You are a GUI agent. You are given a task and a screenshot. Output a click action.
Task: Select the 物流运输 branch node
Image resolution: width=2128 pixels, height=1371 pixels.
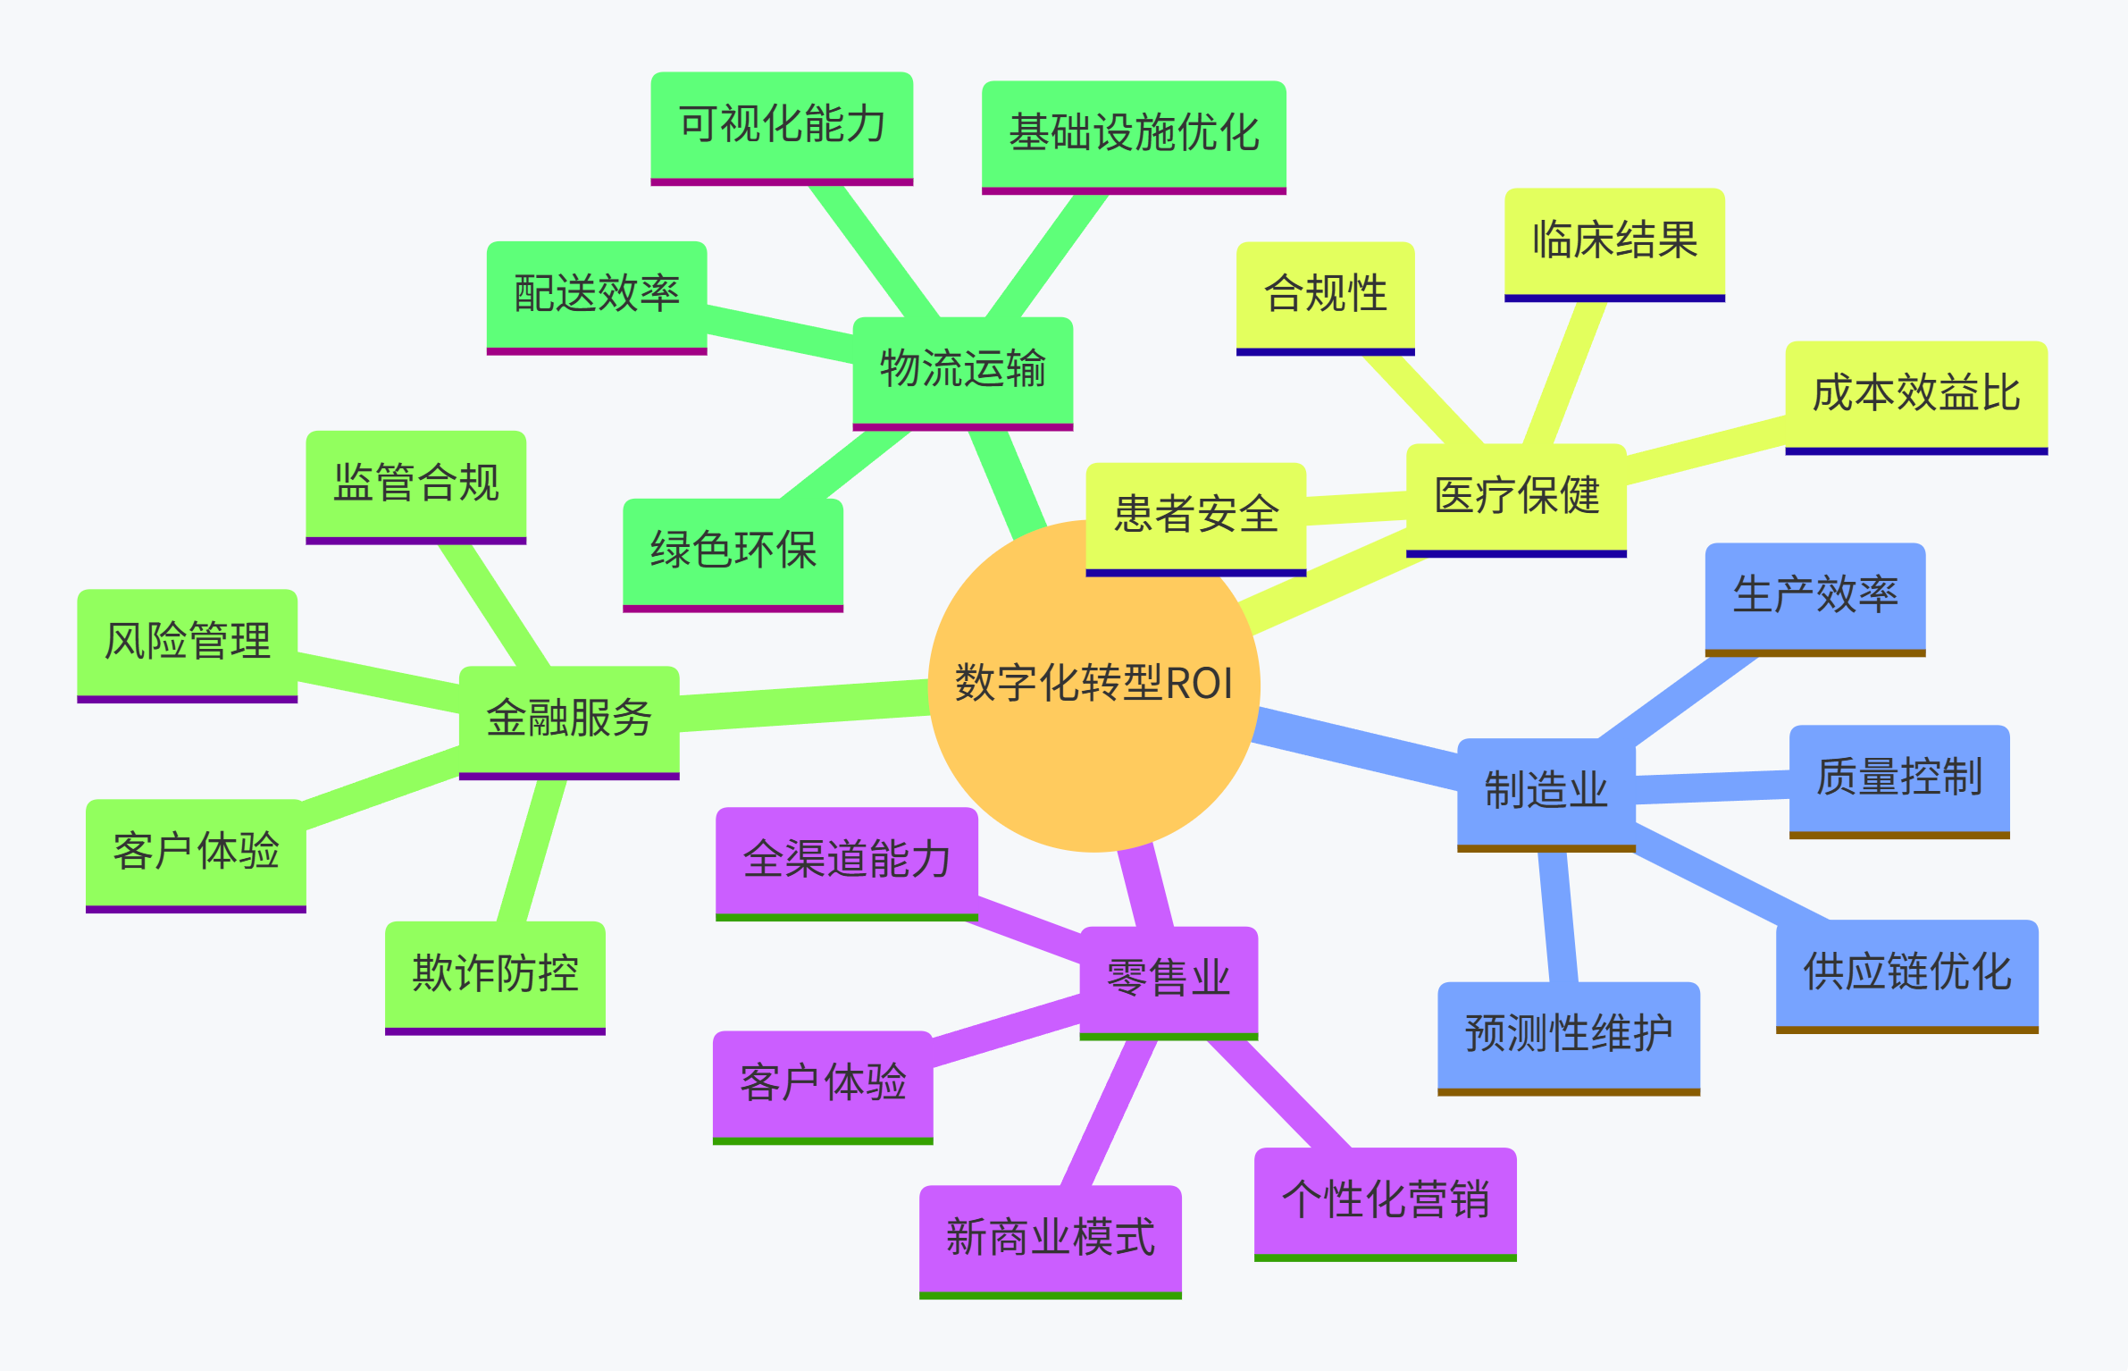pyautogui.click(x=962, y=369)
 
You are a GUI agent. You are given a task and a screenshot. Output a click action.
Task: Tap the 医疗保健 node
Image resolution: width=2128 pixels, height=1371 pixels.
pyautogui.click(x=1516, y=496)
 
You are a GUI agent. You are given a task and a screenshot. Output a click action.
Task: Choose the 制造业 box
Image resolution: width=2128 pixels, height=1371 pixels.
pyautogui.click(x=1546, y=791)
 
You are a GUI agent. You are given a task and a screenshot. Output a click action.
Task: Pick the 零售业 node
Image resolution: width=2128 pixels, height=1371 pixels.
pyautogui.click(x=1169, y=979)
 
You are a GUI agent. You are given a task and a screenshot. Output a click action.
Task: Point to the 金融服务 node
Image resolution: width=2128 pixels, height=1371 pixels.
pyautogui.click(x=569, y=718)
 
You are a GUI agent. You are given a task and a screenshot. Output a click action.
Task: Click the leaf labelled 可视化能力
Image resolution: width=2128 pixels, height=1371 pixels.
pyautogui.click(x=782, y=124)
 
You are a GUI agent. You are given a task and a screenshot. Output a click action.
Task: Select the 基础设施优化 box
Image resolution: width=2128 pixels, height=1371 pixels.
pyautogui.click(x=1134, y=133)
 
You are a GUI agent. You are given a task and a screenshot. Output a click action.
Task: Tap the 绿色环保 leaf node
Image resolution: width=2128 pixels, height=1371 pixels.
pyautogui.click(x=733, y=551)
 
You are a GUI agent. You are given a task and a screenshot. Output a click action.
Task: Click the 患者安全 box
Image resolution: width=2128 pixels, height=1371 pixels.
pyautogui.click(x=1195, y=515)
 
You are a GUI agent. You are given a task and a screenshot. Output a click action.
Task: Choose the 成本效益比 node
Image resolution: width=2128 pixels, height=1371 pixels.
pyautogui.click(x=1916, y=393)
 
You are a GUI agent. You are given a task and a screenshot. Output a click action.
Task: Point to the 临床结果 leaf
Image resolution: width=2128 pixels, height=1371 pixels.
pyautogui.click(x=1614, y=240)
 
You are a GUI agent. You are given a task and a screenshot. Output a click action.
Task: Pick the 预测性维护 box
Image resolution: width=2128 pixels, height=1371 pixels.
pyautogui.click(x=1568, y=1034)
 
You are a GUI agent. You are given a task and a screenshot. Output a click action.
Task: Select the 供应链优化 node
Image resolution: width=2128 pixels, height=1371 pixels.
pyautogui.click(x=1906, y=971)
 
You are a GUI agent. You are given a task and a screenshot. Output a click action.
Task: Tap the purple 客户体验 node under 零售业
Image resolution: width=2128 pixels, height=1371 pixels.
pyautogui.click(x=823, y=1083)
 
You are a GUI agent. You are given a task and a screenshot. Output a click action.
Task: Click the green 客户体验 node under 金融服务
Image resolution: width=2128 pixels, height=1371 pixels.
pyautogui.click(x=196, y=851)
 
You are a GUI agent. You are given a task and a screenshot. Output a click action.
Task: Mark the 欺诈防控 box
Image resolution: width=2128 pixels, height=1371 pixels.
pyautogui.click(x=495, y=973)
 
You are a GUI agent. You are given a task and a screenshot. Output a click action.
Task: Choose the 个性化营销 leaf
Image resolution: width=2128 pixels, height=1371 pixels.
pyautogui.click(x=1385, y=1199)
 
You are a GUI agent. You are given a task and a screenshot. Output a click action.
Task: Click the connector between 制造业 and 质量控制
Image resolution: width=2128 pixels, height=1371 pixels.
pyautogui.click(x=1712, y=787)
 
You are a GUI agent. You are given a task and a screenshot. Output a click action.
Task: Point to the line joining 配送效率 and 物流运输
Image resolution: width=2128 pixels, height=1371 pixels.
pyautogui.click(x=779, y=333)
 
